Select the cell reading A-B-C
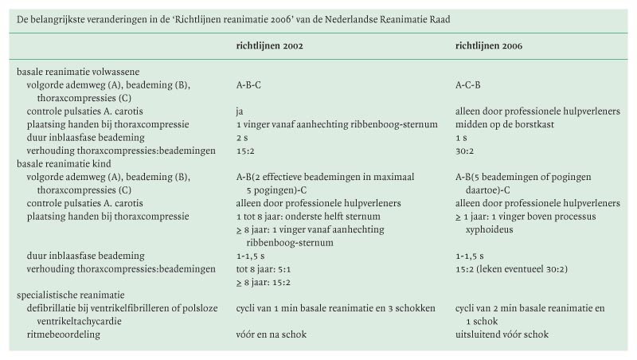(x=250, y=84)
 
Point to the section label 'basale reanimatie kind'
(x=64, y=165)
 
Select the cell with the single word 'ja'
(x=239, y=111)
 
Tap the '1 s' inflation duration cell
(x=461, y=138)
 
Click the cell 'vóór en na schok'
(x=271, y=335)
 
